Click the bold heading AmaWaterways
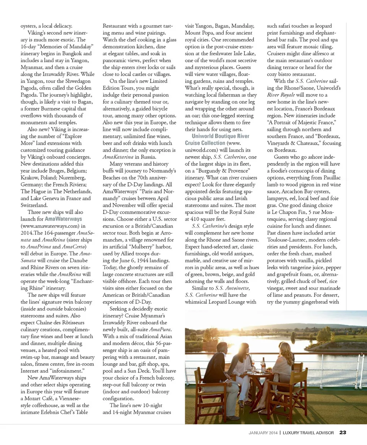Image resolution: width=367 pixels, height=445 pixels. [63, 219]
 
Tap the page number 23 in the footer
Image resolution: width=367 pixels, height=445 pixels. [343, 433]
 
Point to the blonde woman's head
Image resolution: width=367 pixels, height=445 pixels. [286, 349]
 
